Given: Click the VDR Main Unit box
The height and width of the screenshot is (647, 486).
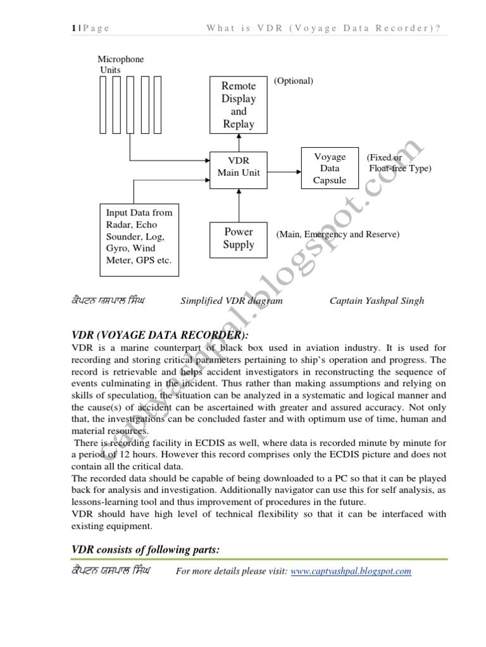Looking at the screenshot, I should [x=239, y=167].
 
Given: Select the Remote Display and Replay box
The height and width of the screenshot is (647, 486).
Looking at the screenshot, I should [x=239, y=105].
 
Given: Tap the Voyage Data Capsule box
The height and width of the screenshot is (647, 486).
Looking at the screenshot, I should [x=330, y=168].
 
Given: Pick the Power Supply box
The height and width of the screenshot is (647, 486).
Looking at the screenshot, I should [x=239, y=238].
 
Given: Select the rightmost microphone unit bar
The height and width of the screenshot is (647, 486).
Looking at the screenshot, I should [x=158, y=104].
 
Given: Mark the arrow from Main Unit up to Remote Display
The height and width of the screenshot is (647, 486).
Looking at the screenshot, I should [x=239, y=142].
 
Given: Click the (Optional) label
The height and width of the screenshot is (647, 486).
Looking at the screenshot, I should [x=293, y=81].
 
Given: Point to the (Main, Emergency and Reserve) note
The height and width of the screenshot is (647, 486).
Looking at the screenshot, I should [x=337, y=234].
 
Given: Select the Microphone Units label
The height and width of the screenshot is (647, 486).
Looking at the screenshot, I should [x=120, y=64].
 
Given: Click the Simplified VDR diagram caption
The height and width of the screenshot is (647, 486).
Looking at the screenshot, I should [x=232, y=301].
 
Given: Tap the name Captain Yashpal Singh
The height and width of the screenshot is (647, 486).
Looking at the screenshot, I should [x=377, y=301].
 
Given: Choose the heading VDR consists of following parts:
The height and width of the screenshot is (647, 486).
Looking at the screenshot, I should [x=145, y=550].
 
